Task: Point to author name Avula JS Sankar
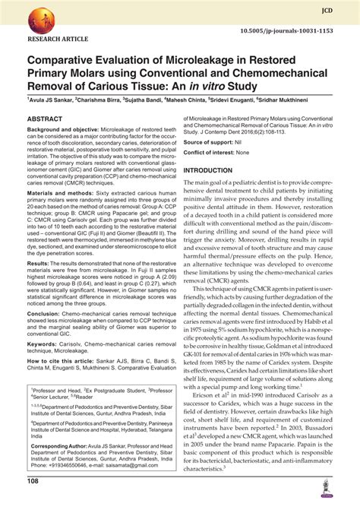[54, 99]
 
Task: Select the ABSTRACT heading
[49, 119]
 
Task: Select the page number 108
[34, 502]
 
